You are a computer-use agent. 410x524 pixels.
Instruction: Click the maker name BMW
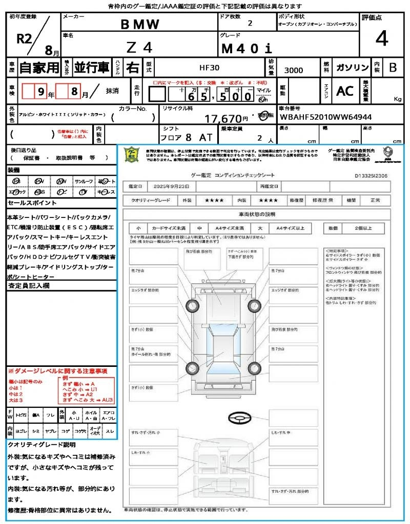coord(139,24)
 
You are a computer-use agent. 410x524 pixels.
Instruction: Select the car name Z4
coord(139,48)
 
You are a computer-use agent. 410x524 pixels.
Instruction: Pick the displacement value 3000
coord(293,70)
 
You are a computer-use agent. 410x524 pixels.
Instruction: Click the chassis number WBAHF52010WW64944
coord(326,117)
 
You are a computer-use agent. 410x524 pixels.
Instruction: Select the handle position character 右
coord(133,68)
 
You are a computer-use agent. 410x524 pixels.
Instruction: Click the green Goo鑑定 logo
coord(131,155)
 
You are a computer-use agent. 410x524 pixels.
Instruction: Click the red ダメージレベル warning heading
coord(57,370)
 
